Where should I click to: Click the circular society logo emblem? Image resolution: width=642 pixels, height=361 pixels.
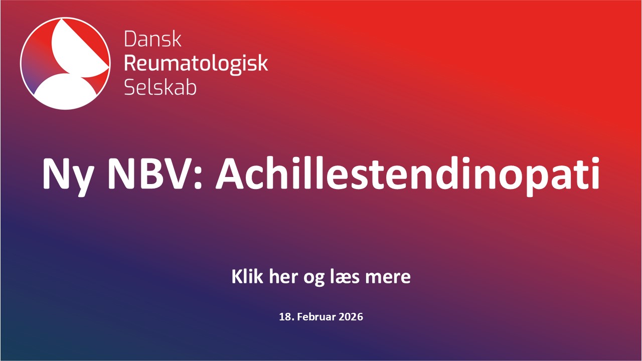(x=65, y=63)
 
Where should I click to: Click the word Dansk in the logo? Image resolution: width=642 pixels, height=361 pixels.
(x=153, y=39)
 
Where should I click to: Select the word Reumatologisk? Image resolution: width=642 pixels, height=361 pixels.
(x=196, y=63)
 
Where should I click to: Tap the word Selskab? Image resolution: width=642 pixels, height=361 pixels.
(x=160, y=87)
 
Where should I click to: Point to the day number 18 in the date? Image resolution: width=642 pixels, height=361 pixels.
(x=285, y=317)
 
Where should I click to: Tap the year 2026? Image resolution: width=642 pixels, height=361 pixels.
(x=351, y=317)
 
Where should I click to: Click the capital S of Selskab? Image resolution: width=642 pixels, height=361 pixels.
(x=129, y=87)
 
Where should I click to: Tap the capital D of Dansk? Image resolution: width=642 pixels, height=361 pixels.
(x=130, y=39)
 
